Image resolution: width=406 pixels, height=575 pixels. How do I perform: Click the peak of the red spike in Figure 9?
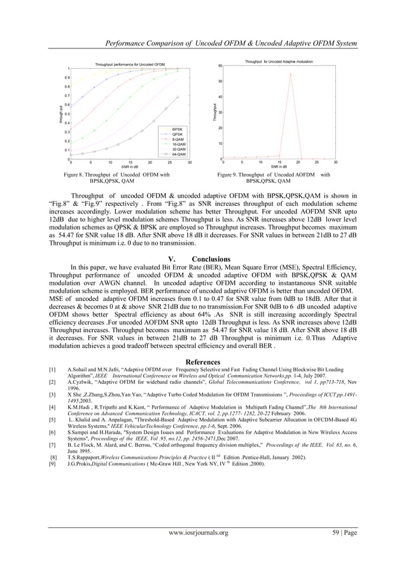tap(290, 74)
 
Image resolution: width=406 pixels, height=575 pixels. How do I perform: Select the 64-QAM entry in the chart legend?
tap(178, 154)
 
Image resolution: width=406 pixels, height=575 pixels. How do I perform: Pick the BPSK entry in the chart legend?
tap(178, 129)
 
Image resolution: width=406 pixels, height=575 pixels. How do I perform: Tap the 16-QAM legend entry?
tap(178, 144)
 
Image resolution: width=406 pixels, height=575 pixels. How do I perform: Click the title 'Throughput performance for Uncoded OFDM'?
tap(130, 65)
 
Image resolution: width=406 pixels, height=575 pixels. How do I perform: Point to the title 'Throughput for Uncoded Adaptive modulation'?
tap(279, 61)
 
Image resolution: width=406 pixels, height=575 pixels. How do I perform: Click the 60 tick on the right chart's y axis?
tap(220, 66)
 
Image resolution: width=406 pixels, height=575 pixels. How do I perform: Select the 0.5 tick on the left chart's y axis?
tap(66, 114)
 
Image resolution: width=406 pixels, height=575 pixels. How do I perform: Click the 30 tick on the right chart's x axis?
tap(335, 163)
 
